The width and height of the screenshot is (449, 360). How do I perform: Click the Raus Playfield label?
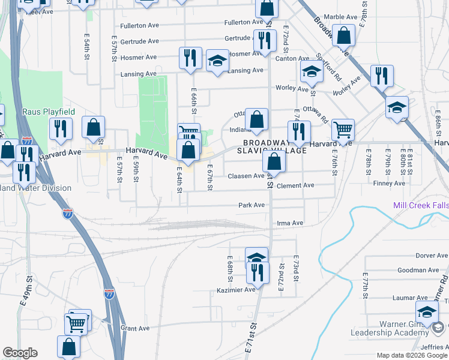click(49, 112)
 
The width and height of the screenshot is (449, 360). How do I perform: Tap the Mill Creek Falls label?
click(420, 205)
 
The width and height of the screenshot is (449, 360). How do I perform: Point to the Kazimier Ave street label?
click(236, 290)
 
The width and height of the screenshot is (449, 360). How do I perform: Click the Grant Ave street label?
click(135, 328)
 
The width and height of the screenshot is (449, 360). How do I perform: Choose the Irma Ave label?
click(290, 223)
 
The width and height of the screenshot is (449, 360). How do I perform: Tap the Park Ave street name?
click(252, 205)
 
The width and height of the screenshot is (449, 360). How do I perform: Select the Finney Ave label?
click(385, 183)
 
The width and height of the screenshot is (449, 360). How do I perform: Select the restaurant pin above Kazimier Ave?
click(258, 272)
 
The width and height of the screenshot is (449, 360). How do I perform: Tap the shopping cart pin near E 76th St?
click(342, 129)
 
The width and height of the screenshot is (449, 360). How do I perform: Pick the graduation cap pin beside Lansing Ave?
click(217, 61)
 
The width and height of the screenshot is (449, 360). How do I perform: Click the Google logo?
click(20, 353)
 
